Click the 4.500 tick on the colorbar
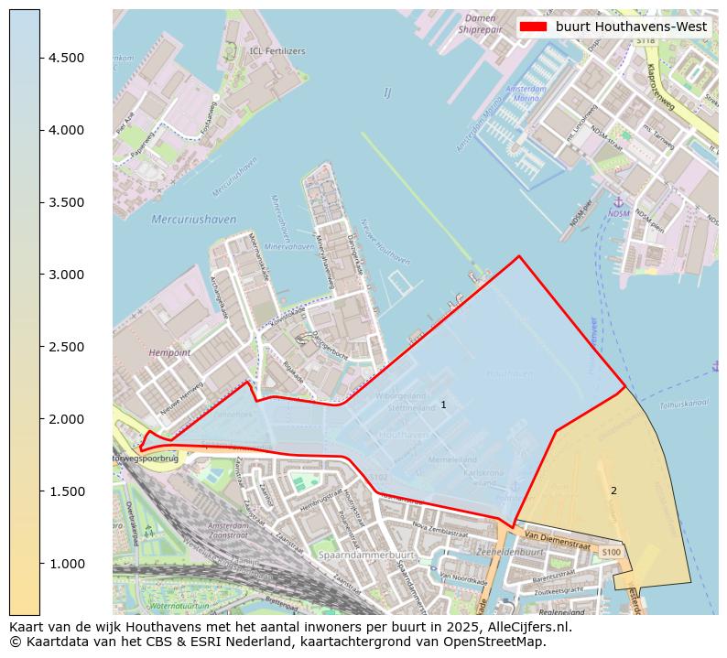point(40,58)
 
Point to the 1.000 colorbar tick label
point(67,564)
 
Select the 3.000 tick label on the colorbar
point(67,275)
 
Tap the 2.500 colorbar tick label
point(67,347)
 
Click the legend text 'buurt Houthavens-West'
point(631,27)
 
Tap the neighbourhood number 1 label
point(443,405)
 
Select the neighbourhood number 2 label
point(613,491)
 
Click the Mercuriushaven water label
point(193,220)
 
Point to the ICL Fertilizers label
point(277,51)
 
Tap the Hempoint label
point(171,351)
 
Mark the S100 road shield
point(611,552)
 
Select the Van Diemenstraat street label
point(558,537)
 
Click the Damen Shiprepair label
point(481,24)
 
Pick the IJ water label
point(387,92)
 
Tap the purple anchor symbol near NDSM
point(618,200)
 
